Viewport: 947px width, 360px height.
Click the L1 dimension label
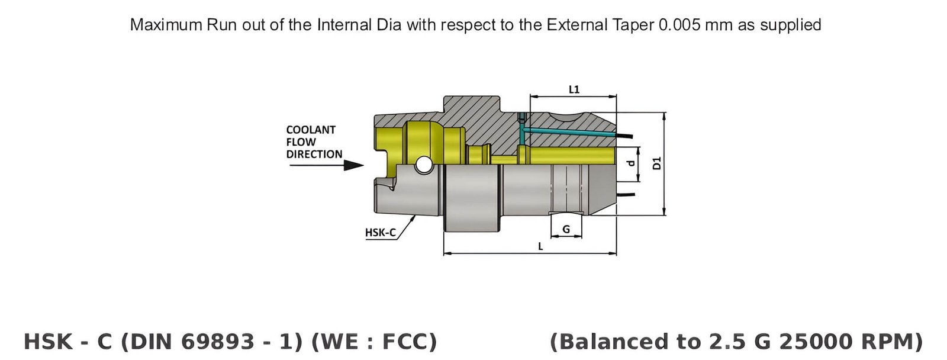tap(574, 89)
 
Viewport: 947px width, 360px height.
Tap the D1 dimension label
tap(656, 163)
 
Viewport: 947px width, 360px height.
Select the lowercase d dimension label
tap(631, 163)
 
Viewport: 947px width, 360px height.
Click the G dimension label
tap(566, 229)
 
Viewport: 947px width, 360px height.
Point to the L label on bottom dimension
tap(540, 246)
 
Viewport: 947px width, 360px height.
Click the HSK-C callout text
tap(380, 233)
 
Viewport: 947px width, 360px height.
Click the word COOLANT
tap(311, 130)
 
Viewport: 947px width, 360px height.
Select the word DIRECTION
tap(314, 155)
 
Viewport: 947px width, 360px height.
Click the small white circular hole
tap(423, 165)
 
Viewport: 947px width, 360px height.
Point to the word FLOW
tap(301, 142)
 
